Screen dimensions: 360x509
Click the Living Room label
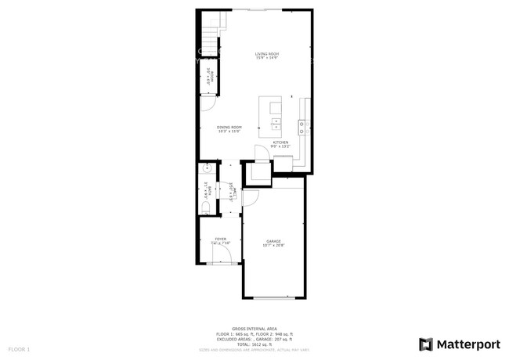coord(266,53)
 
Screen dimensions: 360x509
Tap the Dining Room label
coord(229,127)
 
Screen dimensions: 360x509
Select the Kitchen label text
coord(280,142)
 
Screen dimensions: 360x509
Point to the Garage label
coord(273,241)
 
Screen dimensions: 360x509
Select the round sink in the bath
coord(207,168)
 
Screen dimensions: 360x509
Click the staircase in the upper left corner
coord(209,35)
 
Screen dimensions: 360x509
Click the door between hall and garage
coord(249,198)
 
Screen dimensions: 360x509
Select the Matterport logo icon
coord(425,344)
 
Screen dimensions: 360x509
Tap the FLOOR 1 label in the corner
coord(19,348)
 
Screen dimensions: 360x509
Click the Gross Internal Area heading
coord(254,329)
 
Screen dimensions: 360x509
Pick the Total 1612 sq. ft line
coord(254,344)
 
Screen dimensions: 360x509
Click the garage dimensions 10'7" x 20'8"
coord(273,246)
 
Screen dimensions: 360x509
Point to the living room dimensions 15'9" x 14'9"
coord(266,58)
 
